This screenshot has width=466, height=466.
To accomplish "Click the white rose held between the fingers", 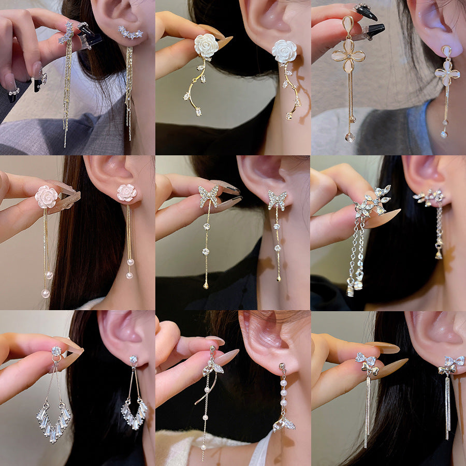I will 206,46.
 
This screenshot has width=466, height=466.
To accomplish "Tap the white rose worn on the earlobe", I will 284,51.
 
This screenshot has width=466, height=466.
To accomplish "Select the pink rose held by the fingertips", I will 47,197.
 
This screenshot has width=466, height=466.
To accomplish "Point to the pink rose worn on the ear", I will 127,193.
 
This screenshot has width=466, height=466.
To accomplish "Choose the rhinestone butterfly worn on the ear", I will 278,199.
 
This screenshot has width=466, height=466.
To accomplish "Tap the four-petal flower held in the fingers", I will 348,56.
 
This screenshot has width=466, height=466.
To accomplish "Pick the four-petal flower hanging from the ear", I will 447,74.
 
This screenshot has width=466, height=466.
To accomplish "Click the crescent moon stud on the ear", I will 130,33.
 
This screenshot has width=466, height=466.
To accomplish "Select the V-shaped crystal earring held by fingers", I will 53,423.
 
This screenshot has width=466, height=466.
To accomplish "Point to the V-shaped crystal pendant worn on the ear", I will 134,414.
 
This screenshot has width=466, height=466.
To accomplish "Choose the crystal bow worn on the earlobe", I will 450,364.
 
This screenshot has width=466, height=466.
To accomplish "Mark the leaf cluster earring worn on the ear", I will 430,196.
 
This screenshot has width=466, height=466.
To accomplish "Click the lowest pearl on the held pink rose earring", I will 46,294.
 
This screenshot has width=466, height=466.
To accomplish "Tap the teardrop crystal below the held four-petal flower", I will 351,137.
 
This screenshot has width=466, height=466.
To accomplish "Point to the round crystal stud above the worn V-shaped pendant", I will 134,359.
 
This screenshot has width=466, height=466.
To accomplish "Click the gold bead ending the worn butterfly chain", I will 279,279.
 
